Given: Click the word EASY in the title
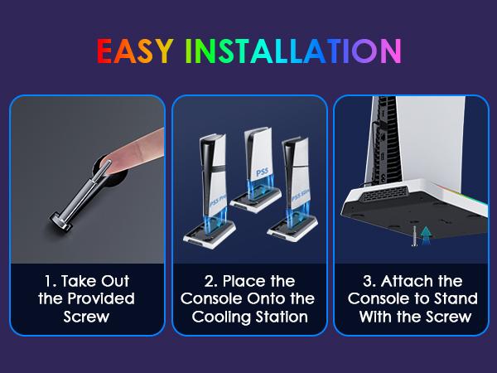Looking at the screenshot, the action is [135, 51].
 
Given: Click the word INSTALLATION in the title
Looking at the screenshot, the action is [293, 51].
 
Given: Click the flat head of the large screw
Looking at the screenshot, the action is [60, 221].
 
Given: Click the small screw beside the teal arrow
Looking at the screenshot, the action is [414, 236].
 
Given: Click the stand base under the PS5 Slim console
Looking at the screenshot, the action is [292, 230].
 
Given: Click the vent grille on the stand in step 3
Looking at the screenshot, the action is [384, 193].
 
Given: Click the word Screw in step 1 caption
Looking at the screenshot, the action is [86, 317].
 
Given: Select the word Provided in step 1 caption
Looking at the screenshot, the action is [101, 298].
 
